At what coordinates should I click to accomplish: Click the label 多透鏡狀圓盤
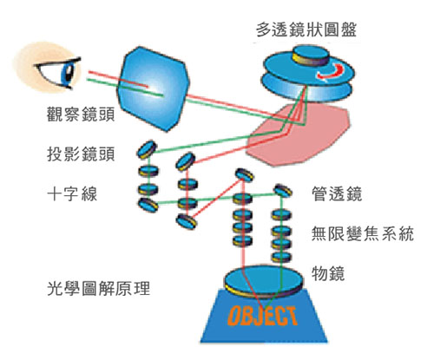[x=306, y=29]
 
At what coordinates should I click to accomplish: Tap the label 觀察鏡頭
[x=81, y=114]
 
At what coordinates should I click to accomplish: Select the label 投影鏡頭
[x=81, y=154]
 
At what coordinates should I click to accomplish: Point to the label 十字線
[x=72, y=193]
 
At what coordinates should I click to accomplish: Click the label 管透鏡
[x=337, y=193]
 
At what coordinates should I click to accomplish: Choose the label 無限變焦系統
[x=363, y=233]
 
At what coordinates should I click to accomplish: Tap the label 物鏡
[x=328, y=273]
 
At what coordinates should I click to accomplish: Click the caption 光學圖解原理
[x=98, y=288]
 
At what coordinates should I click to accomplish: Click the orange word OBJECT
[x=263, y=316]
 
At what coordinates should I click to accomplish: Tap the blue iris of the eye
[x=69, y=74]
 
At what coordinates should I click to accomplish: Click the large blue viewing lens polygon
[x=153, y=88]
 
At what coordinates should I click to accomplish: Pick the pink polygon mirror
[x=298, y=135]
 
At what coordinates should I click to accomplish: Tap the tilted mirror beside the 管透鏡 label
[x=283, y=191]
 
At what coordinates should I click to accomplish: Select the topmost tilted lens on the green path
[x=147, y=149]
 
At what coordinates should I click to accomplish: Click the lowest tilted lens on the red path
[x=187, y=222]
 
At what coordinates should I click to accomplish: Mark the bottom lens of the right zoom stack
[x=281, y=257]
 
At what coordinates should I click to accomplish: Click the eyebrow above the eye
[x=58, y=62]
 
